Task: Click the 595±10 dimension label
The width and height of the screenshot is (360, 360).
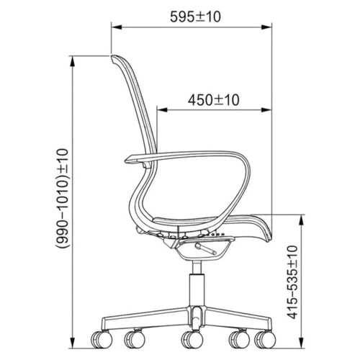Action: pos(195,17)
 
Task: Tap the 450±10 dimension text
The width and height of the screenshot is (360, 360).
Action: pos(214,100)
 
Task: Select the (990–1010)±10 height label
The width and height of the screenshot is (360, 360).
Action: pos(63,198)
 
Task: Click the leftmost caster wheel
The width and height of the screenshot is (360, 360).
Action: pos(102,339)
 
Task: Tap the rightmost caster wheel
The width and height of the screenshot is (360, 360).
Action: pos(265,339)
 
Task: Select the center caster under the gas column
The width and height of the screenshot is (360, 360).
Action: pos(192,339)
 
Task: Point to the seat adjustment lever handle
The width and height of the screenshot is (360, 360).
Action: pos(206,249)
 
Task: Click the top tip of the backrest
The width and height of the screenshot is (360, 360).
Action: pos(112,56)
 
